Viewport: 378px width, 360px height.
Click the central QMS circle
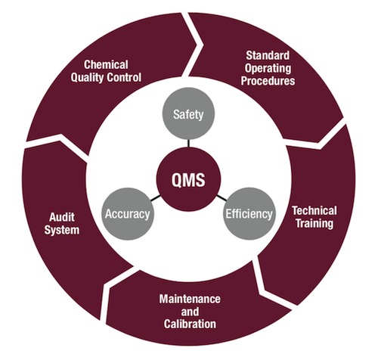pyautogui.click(x=188, y=179)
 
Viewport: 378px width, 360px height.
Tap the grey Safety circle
pyautogui.click(x=188, y=113)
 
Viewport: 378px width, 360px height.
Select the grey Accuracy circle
pyautogui.click(x=128, y=214)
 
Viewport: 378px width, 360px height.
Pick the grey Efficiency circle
pyautogui.click(x=249, y=214)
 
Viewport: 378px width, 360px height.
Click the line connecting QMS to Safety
pyautogui.click(x=188, y=144)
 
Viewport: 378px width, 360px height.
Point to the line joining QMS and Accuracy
pyautogui.click(x=155, y=198)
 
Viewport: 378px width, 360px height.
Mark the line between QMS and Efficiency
pyautogui.click(x=222, y=198)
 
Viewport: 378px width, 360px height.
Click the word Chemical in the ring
pyautogui.click(x=106, y=64)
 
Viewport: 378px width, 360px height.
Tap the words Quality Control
pyautogui.click(x=106, y=77)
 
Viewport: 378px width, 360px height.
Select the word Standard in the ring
pyautogui.click(x=268, y=55)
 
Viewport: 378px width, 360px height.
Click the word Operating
pyautogui.click(x=268, y=68)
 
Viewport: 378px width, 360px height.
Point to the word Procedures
pyautogui.click(x=268, y=81)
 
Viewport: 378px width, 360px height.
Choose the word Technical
pyautogui.click(x=314, y=211)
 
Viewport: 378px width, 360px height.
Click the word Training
pyautogui.click(x=314, y=224)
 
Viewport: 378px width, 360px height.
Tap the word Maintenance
pyautogui.click(x=190, y=299)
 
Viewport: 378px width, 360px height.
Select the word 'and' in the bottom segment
pyautogui.click(x=190, y=312)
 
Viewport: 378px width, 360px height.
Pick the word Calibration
pyautogui.click(x=190, y=324)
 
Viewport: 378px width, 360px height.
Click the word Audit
pyautogui.click(x=62, y=217)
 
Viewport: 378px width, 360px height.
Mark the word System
pyautogui.click(x=62, y=230)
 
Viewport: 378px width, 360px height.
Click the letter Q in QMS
pyautogui.click(x=178, y=180)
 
